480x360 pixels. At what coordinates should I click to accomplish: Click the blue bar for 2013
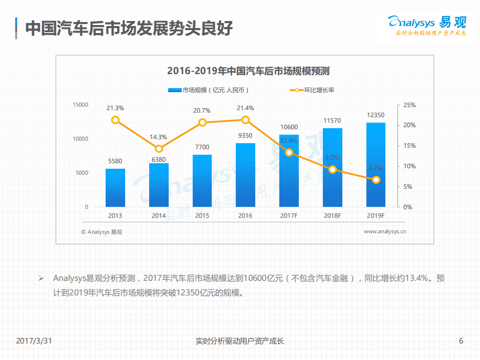coord(115,188)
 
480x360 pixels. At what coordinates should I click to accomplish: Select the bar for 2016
coord(245,175)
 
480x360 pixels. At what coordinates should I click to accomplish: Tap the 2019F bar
coord(376,165)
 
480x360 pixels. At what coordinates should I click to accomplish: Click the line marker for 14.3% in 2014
coord(159,149)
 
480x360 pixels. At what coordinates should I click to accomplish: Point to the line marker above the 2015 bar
coord(202,123)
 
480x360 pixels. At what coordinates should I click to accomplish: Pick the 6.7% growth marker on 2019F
coord(376,180)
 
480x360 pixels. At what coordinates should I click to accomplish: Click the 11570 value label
coord(332,121)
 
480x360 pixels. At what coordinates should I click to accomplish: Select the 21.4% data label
coord(245,108)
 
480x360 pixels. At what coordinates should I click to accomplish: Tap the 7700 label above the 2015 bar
coord(202,147)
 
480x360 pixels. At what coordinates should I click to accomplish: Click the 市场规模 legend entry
coord(208,90)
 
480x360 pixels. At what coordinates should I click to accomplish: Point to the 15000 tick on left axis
coord(80,105)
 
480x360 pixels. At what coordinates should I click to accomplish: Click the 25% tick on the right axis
coord(409,105)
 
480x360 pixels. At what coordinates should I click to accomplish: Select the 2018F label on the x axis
coord(332,215)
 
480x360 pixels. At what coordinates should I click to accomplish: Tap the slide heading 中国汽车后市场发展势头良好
coord(129,28)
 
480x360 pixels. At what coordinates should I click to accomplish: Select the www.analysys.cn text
coord(384,231)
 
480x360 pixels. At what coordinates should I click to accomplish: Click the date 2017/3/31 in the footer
coord(34,341)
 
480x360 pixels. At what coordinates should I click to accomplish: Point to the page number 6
coord(461,341)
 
